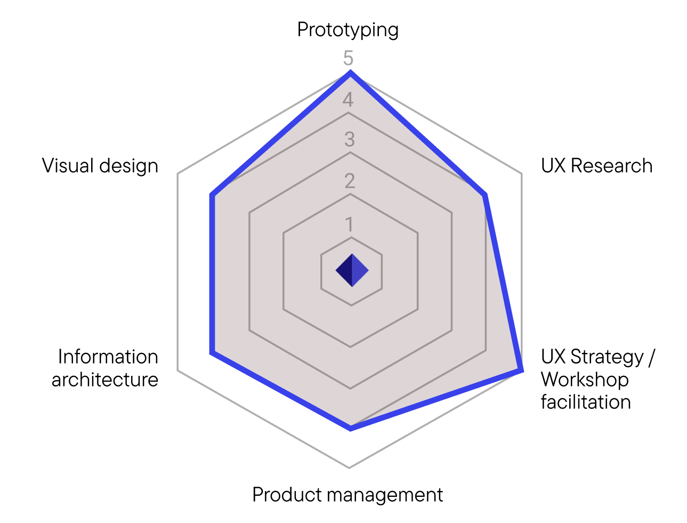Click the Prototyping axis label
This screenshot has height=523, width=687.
click(347, 30)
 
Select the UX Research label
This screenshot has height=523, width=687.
click(596, 166)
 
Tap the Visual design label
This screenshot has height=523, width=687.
click(100, 166)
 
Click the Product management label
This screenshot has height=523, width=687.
click(347, 495)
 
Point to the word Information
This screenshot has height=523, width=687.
click(108, 357)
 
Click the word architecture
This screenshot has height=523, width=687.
click(105, 380)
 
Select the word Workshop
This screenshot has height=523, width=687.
click(585, 380)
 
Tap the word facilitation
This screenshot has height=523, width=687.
click(586, 402)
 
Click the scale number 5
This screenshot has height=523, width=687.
click(349, 58)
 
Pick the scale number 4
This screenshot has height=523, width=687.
click(349, 99)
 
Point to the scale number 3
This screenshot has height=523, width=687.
click(350, 140)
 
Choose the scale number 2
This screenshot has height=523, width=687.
click(350, 181)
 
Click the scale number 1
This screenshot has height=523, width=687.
click(350, 224)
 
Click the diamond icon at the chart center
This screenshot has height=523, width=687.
click(352, 270)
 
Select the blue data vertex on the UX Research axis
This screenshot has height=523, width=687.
click(484, 196)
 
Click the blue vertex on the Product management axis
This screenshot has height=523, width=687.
click(350, 428)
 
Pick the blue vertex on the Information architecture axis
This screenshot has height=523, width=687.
click(212, 352)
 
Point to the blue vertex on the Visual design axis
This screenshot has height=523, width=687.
click(212, 196)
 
